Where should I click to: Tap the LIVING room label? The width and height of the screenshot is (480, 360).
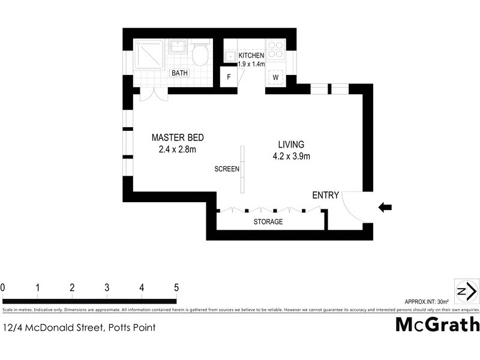click(x=291, y=145)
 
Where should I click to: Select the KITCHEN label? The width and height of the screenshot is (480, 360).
click(x=251, y=55)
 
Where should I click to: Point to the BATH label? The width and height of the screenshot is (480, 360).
click(x=180, y=73)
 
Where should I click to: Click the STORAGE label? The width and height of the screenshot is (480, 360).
click(x=268, y=222)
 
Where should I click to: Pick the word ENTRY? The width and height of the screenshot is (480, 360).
click(x=326, y=195)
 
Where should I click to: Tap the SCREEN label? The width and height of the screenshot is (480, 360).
click(x=227, y=169)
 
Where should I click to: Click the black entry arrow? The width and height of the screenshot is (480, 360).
click(x=385, y=208)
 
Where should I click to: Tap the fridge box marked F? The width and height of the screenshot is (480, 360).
click(x=229, y=77)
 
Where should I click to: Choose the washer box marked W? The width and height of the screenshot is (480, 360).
click(x=276, y=77)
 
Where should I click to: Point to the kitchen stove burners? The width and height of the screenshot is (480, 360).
click(x=275, y=50)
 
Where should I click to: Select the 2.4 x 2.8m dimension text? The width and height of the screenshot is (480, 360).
click(x=178, y=150)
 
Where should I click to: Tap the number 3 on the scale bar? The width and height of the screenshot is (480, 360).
click(x=107, y=288)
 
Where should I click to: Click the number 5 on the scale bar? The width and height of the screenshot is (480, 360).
click(x=176, y=288)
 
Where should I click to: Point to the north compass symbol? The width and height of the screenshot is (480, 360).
click(x=466, y=290)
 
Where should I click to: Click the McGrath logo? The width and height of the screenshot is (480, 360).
click(x=437, y=325)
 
